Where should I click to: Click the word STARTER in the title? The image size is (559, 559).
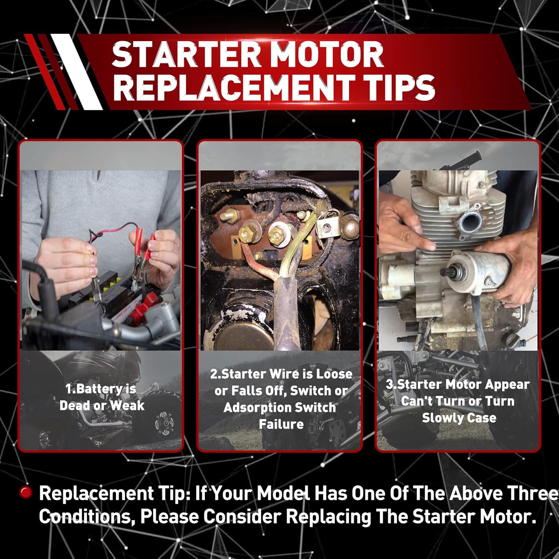pyautogui.click(x=186, y=54)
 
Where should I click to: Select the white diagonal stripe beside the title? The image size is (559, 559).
pyautogui.click(x=76, y=72)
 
